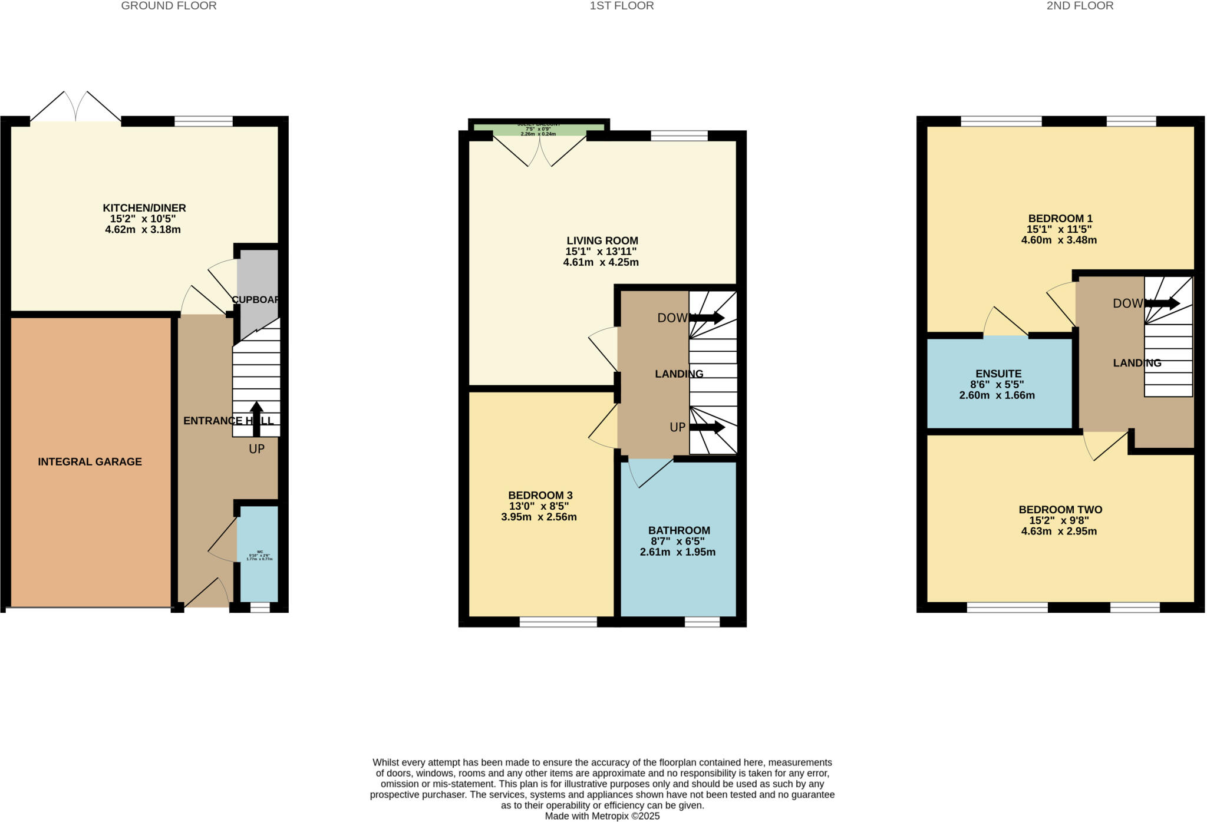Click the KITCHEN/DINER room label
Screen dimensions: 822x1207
[144, 208]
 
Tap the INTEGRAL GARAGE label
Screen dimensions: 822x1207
[90, 462]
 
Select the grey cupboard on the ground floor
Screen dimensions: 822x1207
[257, 283]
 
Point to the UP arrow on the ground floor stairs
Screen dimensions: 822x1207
[256, 418]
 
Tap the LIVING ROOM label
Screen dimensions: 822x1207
[602, 240]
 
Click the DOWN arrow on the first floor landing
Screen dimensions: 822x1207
[707, 318]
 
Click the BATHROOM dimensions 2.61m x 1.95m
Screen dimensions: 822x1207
[677, 552]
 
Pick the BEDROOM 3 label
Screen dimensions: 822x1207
[540, 496]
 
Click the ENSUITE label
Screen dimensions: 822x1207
[998, 374]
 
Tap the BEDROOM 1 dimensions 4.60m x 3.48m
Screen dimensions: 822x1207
[1058, 240]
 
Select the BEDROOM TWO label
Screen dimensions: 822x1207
[1060, 510]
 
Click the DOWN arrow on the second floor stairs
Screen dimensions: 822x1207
[1163, 303]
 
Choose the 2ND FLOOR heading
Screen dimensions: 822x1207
[1080, 6]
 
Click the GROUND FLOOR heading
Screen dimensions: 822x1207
[169, 6]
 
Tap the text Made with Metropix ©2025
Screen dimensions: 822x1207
[602, 816]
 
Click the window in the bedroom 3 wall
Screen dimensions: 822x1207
[558, 621]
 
